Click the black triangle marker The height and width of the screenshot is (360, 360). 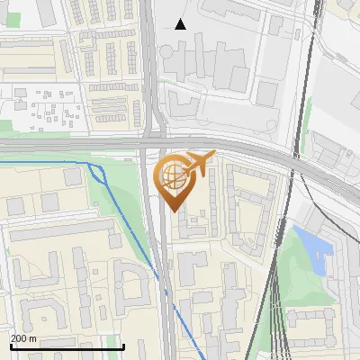pos(181,24)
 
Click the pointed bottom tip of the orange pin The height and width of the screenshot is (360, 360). pos(175,211)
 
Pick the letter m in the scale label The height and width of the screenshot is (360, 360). pos(33,338)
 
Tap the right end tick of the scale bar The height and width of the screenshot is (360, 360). pos(123,346)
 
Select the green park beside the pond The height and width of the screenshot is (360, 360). pos(297,279)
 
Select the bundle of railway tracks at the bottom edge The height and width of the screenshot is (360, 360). pos(279,346)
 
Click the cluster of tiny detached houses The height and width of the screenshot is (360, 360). pos(49,108)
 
